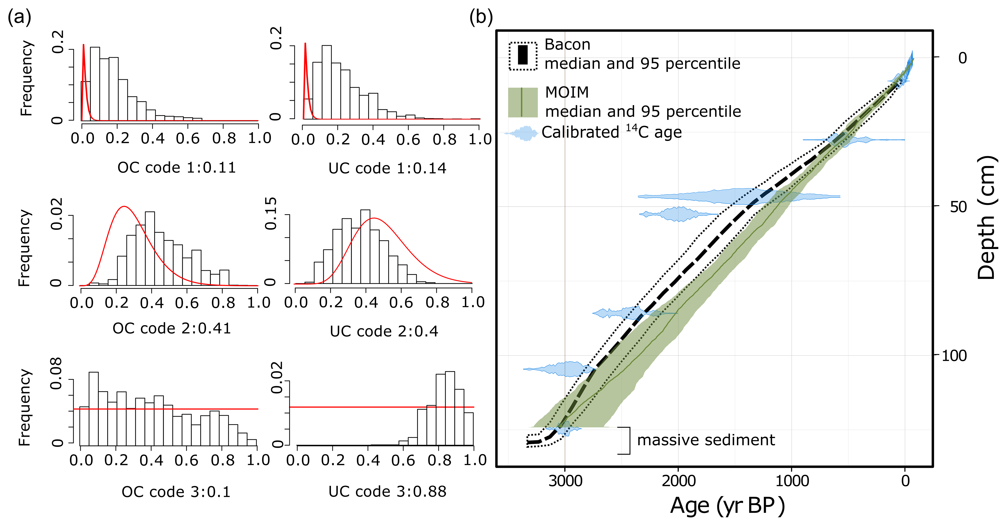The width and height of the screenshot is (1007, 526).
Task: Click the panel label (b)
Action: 481,17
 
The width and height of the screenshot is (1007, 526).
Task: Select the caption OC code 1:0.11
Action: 177,168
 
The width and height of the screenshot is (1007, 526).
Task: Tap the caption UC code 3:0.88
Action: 387,492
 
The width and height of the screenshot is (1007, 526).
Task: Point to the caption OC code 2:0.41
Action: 172,328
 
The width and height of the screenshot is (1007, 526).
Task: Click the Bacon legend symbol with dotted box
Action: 523,56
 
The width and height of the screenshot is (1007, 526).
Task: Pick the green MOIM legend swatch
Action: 523,102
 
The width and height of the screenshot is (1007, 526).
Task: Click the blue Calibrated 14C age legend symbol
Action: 522,133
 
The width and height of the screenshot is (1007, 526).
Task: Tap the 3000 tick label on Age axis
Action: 565,481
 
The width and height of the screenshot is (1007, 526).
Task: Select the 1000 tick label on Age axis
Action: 792,481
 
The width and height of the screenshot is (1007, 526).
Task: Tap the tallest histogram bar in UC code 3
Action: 450,408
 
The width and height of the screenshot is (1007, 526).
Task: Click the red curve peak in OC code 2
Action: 124,206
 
